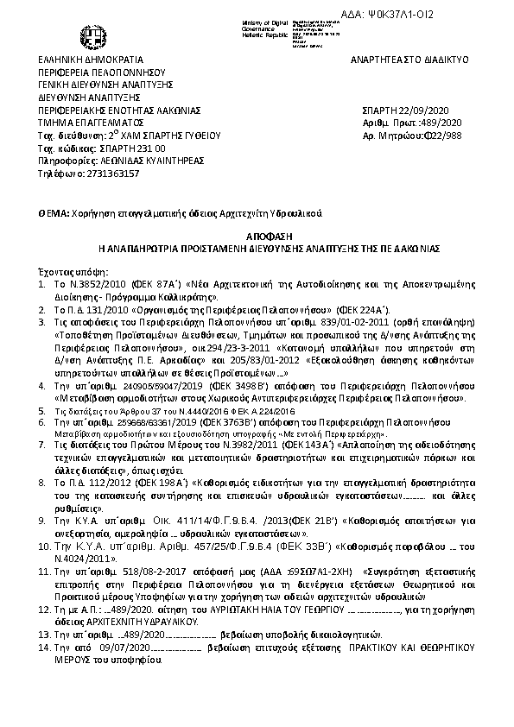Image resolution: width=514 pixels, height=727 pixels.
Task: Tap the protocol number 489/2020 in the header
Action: pyautogui.click(x=433, y=123)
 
